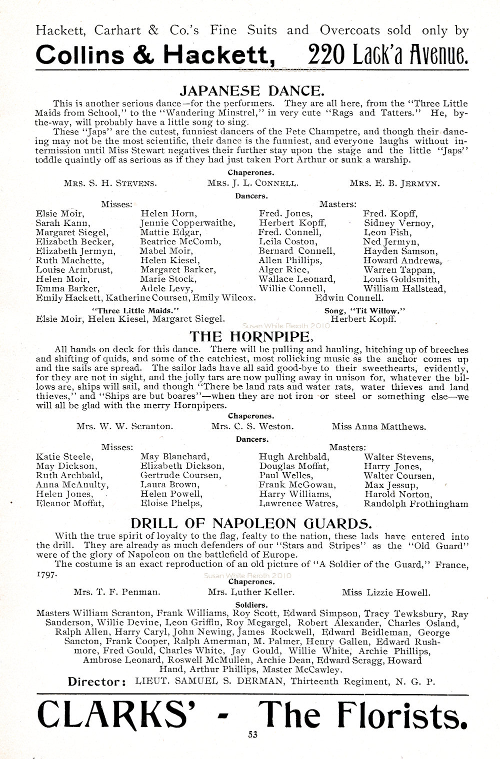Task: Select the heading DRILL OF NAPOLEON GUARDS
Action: [x=251, y=523]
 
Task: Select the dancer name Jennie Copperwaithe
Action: [x=180, y=223]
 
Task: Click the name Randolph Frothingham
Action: [x=416, y=504]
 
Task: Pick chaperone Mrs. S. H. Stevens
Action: [x=110, y=183]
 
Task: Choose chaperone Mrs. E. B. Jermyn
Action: [x=395, y=183]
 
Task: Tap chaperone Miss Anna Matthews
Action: [x=379, y=427]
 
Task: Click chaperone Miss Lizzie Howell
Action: [x=385, y=593]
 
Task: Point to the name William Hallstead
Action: [x=404, y=288]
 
